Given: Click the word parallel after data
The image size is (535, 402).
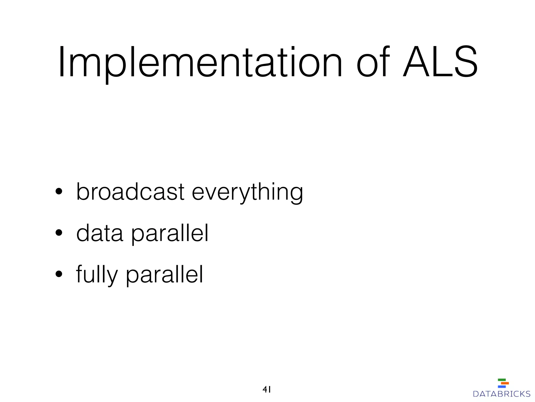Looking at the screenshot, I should coord(170,234).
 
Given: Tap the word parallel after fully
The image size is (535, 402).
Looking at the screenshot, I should coord(164,275).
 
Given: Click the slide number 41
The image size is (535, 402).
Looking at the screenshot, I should coord(266,390).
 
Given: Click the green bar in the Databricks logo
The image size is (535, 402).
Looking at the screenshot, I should coord(502,380).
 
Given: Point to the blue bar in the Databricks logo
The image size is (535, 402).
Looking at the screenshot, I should coord(502,387).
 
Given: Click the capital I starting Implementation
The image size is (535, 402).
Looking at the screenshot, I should coord(62,62).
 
